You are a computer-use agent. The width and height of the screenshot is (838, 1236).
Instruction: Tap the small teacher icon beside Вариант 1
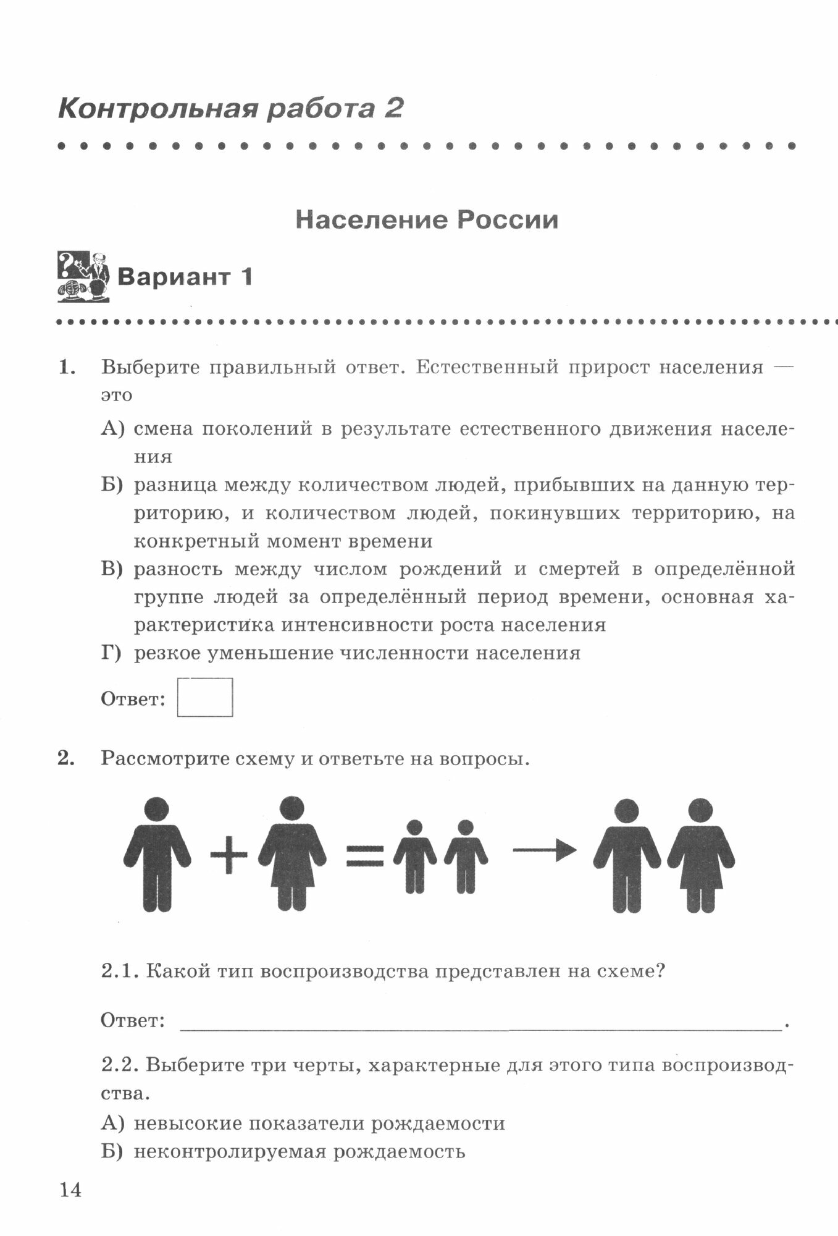point(83,276)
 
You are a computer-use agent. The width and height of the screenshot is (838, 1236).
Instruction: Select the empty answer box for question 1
point(204,697)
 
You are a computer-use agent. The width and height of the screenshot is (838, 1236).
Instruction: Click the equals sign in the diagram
point(365,855)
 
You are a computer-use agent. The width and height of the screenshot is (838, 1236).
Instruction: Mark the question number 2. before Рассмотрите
point(66,759)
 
